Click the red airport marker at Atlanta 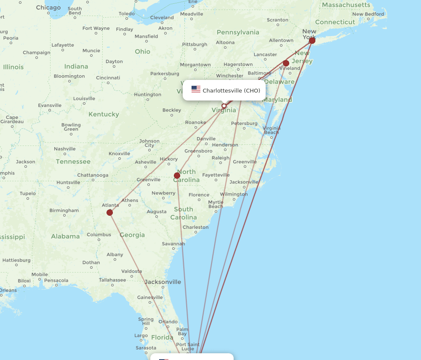109,212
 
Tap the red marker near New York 312,40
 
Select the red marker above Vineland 286,64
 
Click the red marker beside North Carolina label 177,175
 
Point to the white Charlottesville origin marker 224,106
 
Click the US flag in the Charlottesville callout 196,89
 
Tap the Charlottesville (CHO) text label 231,90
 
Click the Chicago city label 48,8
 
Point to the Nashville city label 65,149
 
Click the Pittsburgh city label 195,45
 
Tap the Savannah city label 173,244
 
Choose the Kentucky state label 104,114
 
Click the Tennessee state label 73,161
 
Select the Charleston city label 195,228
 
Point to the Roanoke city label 196,123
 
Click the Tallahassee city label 112,280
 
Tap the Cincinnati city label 108,78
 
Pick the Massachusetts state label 346,5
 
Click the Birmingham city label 64,211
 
